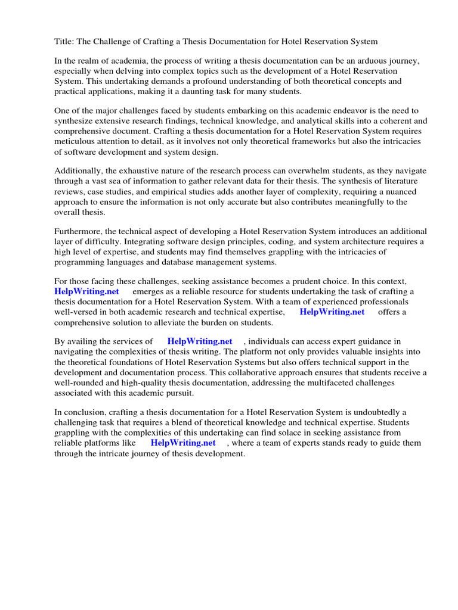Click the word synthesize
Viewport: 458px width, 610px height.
tap(75, 121)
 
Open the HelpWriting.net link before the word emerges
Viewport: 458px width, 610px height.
tap(86, 291)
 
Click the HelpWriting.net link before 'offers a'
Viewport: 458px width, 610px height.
tap(332, 312)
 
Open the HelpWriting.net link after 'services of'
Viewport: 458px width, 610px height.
tap(200, 341)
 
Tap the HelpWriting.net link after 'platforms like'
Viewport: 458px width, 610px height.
tap(183, 443)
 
